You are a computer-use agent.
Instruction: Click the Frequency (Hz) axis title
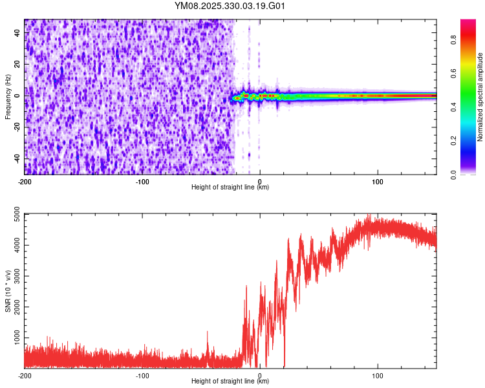point(8,96)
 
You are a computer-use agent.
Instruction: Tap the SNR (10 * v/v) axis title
point(8,291)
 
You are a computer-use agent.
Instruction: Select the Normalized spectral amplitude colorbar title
point(480,97)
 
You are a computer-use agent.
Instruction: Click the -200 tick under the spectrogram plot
point(25,180)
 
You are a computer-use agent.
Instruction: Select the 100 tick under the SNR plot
point(378,374)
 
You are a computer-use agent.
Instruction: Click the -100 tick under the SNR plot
point(142,374)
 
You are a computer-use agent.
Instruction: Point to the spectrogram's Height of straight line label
point(230,188)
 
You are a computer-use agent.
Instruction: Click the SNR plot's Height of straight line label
point(230,382)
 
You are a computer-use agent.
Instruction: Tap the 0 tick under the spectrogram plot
point(260,180)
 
